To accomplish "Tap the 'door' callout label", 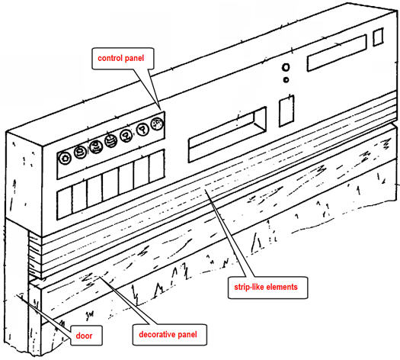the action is coord(84,336).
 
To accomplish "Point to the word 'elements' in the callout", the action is coord(282,287).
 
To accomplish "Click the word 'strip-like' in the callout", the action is coord(249,288).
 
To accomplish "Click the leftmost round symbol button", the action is coord(65,159).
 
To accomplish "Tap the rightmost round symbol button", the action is coord(158,124).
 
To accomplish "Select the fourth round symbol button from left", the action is coord(111,140).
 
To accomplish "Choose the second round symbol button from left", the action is coord(80,153).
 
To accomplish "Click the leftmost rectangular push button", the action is coord(65,203).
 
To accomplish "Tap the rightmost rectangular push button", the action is coord(157,166).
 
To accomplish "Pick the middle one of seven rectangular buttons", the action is coord(110,185).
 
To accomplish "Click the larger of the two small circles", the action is coord(286,67).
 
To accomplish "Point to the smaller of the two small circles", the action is coord(286,80).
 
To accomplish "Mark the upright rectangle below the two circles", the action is coord(286,111).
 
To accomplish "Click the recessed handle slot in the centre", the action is coord(227,134).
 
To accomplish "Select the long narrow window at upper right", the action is coord(337,53).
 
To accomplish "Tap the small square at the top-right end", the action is coord(378,37).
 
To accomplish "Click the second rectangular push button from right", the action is coord(141,172).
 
